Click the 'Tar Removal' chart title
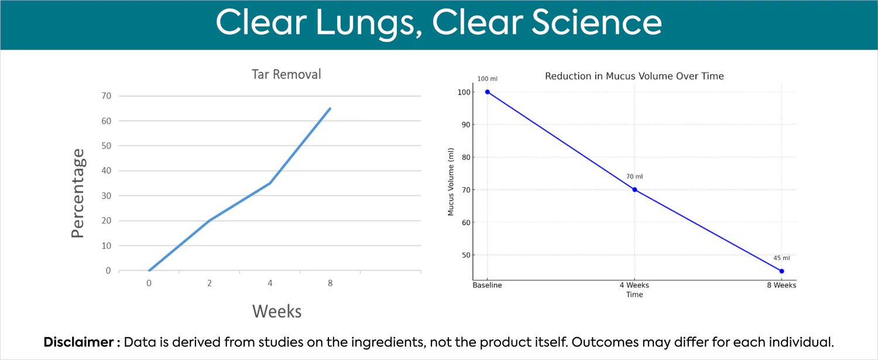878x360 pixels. tap(286, 74)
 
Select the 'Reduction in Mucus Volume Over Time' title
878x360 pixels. tap(634, 76)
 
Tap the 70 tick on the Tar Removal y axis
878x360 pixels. tap(106, 96)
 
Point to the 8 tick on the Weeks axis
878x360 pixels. tap(330, 283)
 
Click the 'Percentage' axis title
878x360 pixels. tap(78, 193)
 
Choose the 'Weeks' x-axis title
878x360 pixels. tap(277, 311)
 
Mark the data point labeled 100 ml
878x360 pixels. tap(487, 92)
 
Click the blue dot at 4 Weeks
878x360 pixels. tap(635, 190)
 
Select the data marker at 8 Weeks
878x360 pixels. tap(781, 271)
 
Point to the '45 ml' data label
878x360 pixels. tap(781, 258)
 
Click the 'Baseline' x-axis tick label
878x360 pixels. tap(487, 286)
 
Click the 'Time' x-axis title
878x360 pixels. tap(635, 294)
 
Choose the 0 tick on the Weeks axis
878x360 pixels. tap(149, 283)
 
